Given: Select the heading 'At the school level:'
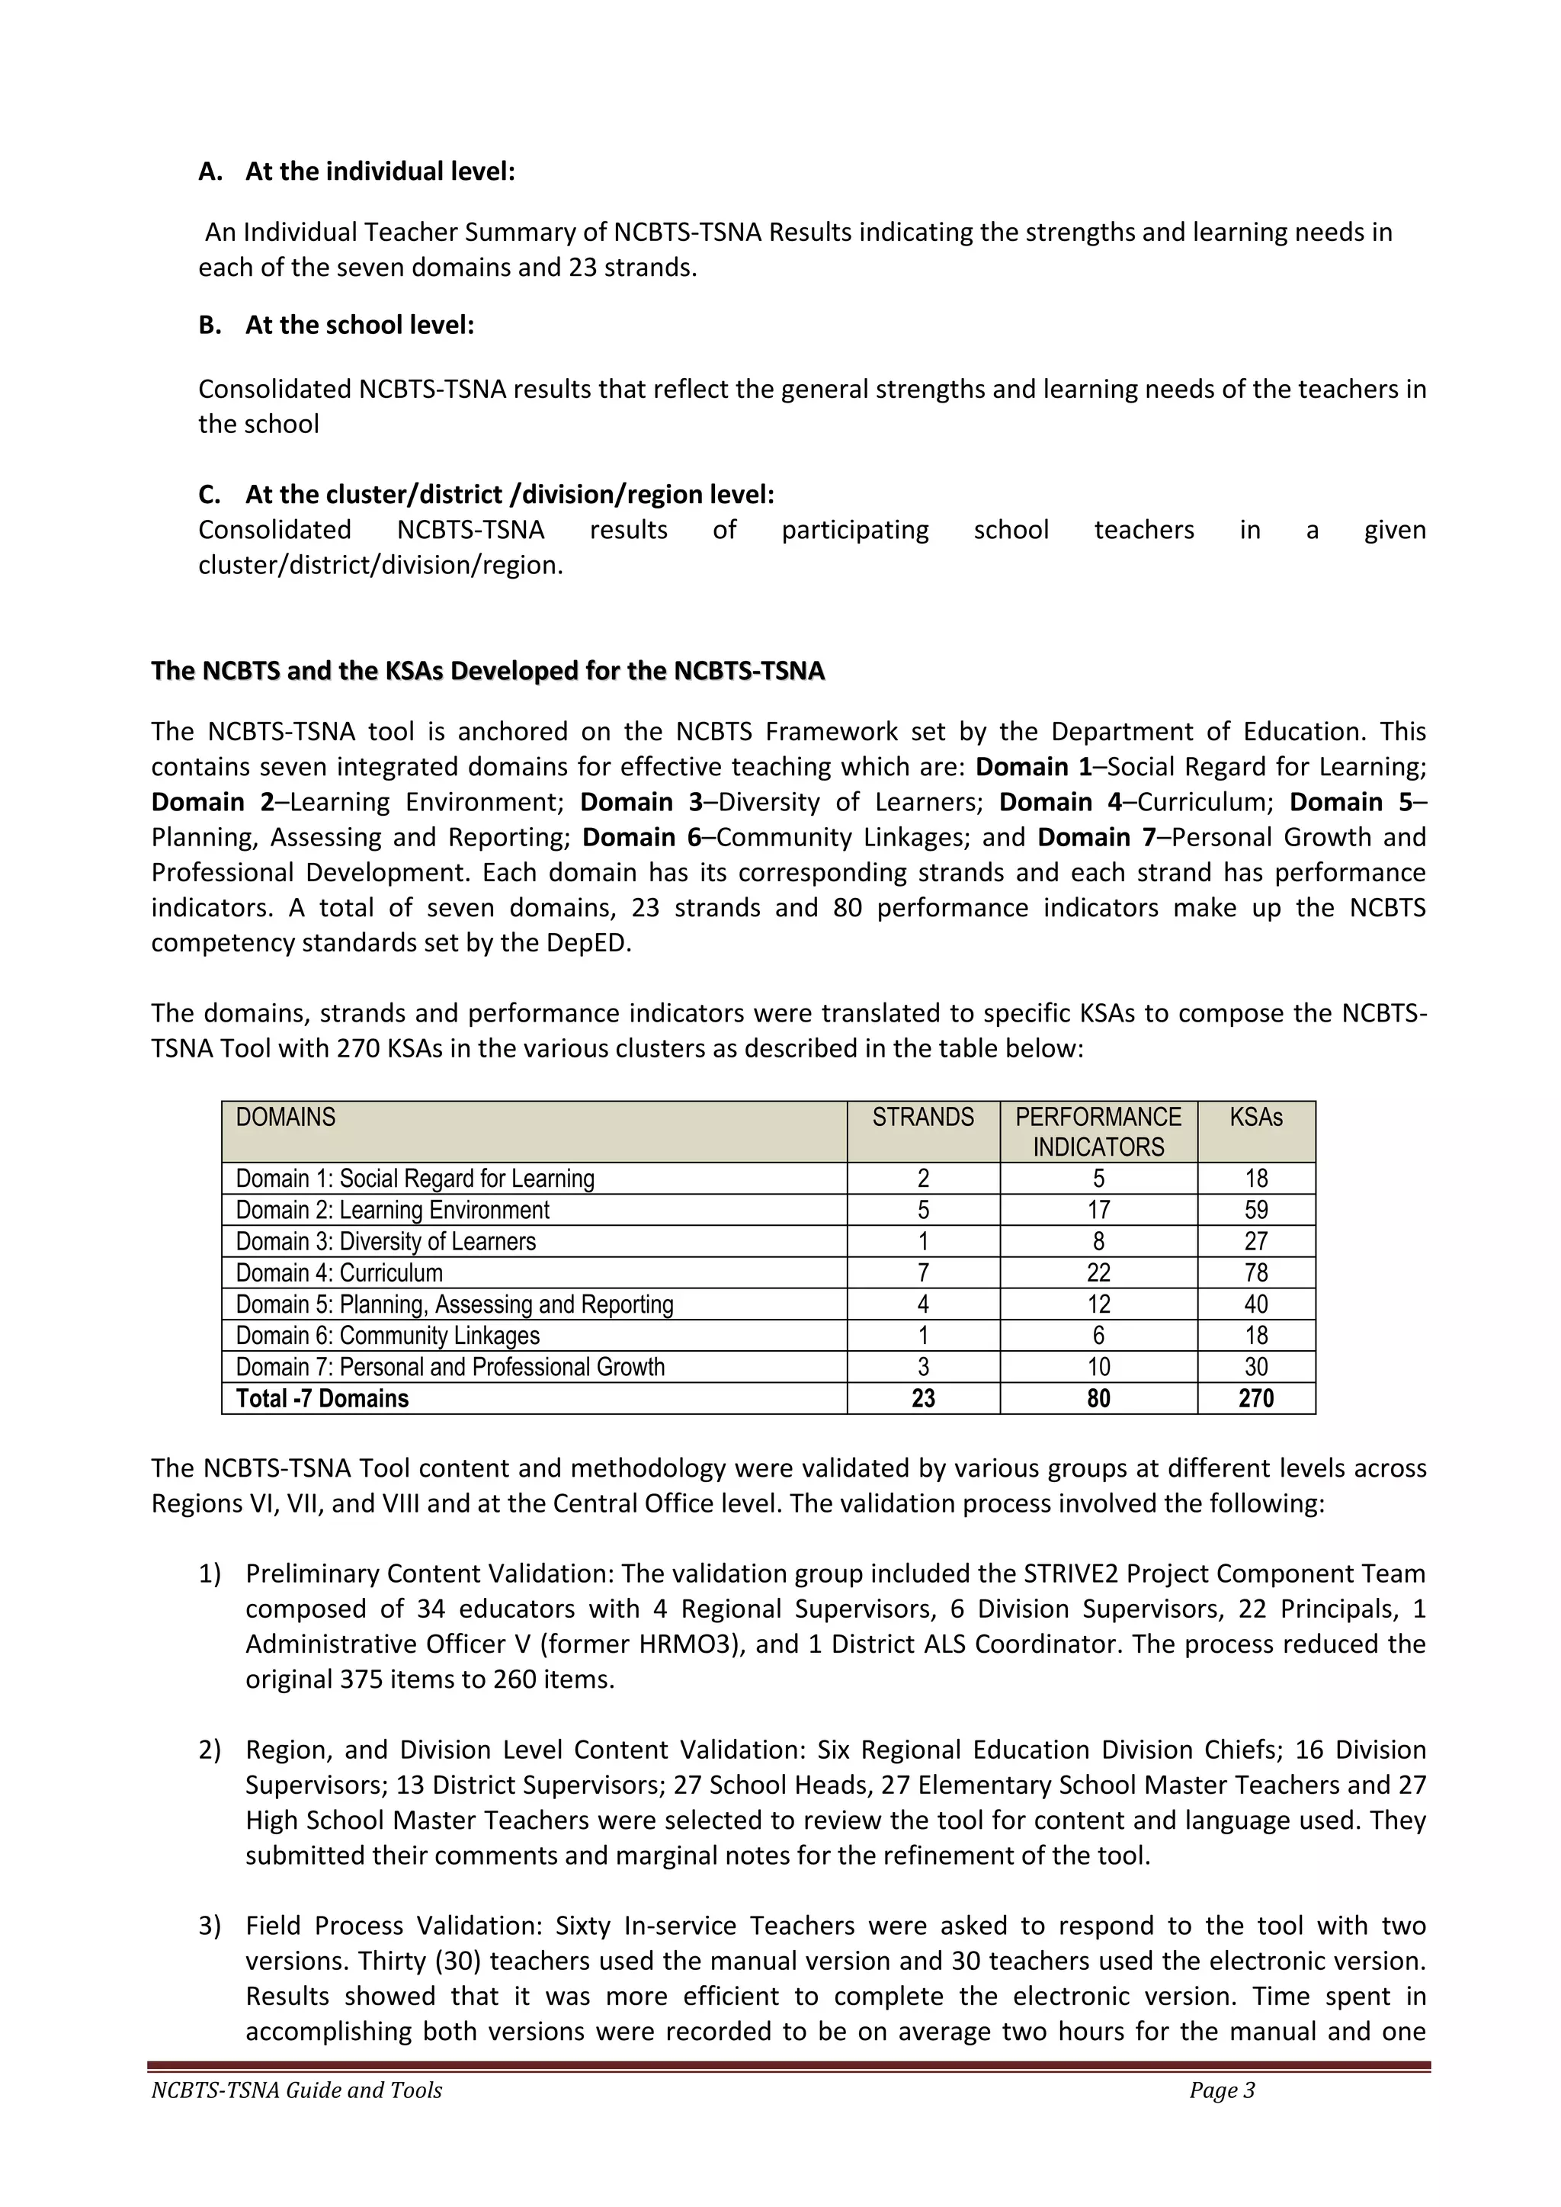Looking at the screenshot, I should click(360, 325).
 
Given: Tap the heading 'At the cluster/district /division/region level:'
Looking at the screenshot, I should click(509, 494).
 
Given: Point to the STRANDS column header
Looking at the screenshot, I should click(923, 1117).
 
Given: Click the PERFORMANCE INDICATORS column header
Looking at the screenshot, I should click(1098, 1131).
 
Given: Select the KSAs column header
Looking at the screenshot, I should click(1255, 1117).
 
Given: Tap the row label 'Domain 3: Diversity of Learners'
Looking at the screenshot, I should click(386, 1241).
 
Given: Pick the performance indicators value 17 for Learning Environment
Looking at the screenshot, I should click(1098, 1210).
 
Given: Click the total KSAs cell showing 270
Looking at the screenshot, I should click(1255, 1399).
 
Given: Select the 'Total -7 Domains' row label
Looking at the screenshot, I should click(322, 1399).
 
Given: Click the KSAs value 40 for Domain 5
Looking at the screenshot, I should click(1255, 1304).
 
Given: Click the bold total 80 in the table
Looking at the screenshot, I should click(1098, 1399).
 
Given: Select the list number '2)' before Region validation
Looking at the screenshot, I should click(210, 1750).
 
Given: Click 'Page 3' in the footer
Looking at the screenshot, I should click(1222, 2090).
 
